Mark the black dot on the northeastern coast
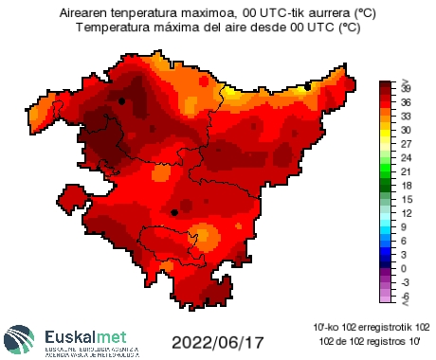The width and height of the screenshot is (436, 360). [308, 86]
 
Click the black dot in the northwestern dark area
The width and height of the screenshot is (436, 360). [121, 100]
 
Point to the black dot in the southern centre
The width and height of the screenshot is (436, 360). [174, 213]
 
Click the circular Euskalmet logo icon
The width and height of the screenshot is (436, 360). [22, 341]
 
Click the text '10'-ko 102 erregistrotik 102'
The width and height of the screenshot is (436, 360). [372, 327]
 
